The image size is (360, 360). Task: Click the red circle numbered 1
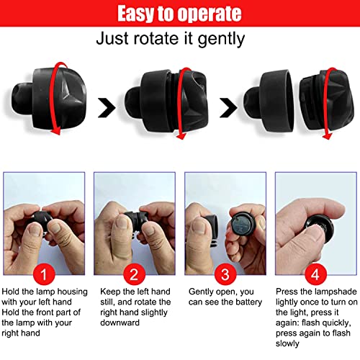(x=44, y=274)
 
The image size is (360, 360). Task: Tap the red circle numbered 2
(x=134, y=274)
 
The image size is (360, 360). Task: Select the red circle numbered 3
(x=225, y=274)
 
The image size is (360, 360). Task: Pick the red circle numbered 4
(x=315, y=274)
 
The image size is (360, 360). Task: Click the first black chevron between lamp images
(x=107, y=107)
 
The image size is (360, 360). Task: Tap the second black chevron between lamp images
(x=228, y=107)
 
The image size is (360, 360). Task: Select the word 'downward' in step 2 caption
(x=120, y=323)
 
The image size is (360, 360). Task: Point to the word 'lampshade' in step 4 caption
(x=336, y=292)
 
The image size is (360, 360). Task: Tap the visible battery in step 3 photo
(x=243, y=225)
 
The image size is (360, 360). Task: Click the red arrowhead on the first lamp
(x=56, y=131)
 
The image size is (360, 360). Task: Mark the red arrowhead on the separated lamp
(x=327, y=136)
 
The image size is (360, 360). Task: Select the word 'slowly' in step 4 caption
(x=287, y=343)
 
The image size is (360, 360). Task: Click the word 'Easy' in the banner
(x=135, y=14)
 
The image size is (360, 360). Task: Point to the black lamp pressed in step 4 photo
(x=319, y=227)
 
